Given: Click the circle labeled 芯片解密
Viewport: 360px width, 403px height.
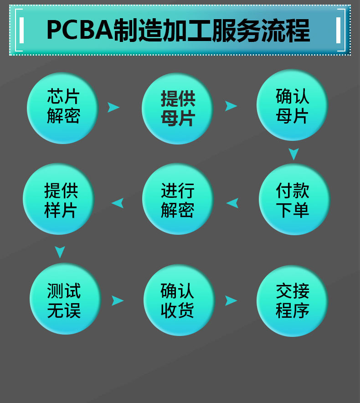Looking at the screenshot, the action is pyautogui.click(x=63, y=108).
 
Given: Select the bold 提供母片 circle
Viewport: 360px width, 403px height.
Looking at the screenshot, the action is pyautogui.click(x=178, y=108).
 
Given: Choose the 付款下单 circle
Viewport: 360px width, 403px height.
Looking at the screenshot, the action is pyautogui.click(x=294, y=200).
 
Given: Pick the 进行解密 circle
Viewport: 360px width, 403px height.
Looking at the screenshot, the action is pyautogui.click(x=178, y=200).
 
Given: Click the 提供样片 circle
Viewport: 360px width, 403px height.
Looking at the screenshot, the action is pyautogui.click(x=59, y=200).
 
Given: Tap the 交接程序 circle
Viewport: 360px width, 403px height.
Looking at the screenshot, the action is pyautogui.click(x=292, y=300).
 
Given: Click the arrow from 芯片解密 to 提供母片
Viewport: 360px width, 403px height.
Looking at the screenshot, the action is pyautogui.click(x=113, y=107).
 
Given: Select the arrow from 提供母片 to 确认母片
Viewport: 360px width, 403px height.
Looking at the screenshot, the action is pyautogui.click(x=231, y=106).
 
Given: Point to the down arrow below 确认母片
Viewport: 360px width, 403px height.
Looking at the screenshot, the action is pyautogui.click(x=293, y=154).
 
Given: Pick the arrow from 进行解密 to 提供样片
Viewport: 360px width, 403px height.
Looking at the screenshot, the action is pyautogui.click(x=118, y=203).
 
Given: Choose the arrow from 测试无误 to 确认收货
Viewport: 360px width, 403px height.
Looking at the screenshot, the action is pyautogui.click(x=118, y=300).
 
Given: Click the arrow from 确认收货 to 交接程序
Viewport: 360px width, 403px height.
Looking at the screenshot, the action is pyautogui.click(x=231, y=300).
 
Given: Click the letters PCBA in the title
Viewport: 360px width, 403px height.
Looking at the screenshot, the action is pyautogui.click(x=79, y=31).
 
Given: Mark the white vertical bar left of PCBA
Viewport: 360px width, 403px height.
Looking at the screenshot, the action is pyautogui.click(x=21, y=30).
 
